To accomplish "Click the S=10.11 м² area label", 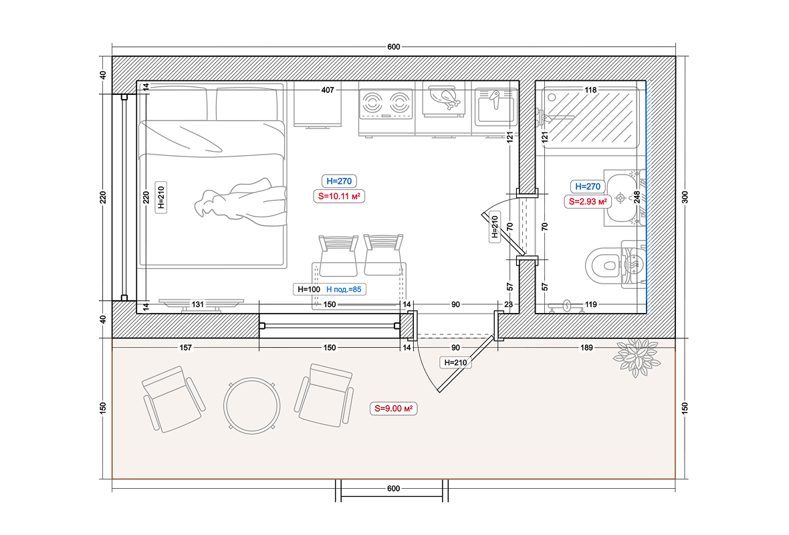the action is pyautogui.click(x=339, y=197).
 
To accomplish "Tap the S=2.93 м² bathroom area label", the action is pyautogui.click(x=588, y=202).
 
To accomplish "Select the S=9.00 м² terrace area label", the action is pyautogui.click(x=393, y=409).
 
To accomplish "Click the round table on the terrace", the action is pyautogui.click(x=251, y=406).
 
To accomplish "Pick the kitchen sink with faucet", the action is pyautogui.click(x=495, y=107).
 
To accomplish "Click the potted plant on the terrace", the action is pyautogui.click(x=636, y=357).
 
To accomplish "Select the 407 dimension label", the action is pyautogui.click(x=328, y=90).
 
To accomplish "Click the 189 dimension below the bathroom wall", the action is pyautogui.click(x=586, y=347).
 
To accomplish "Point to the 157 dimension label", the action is pyautogui.click(x=186, y=347).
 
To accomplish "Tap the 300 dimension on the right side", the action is pyautogui.click(x=685, y=197).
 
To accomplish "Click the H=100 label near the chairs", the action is pyautogui.click(x=309, y=290).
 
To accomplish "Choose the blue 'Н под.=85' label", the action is pyautogui.click(x=344, y=290).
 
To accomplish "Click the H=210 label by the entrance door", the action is pyautogui.click(x=455, y=362).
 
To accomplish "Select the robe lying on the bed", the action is pyautogui.click(x=241, y=201).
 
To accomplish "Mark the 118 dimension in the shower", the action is pyautogui.click(x=590, y=90).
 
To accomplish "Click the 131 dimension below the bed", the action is pyautogui.click(x=198, y=304).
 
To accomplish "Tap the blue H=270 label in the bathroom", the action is pyautogui.click(x=588, y=187).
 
